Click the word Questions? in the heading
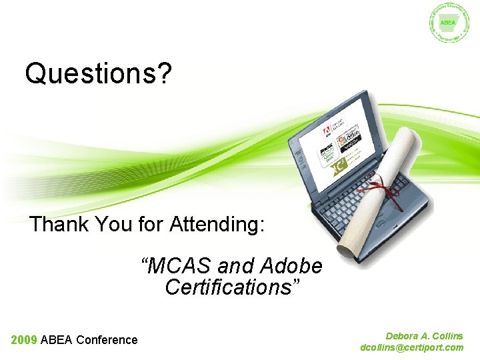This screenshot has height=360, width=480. pyautogui.click(x=98, y=74)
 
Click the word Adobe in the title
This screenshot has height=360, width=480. pyautogui.click(x=291, y=266)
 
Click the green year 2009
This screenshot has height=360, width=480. pyautogui.click(x=23, y=340)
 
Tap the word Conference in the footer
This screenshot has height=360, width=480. pyautogui.click(x=107, y=340)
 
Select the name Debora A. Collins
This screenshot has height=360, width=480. pyautogui.click(x=424, y=337)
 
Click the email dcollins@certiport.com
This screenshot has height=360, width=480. pyautogui.click(x=411, y=347)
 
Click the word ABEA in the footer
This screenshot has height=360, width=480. pyautogui.click(x=57, y=340)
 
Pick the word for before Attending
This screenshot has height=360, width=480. pyautogui.click(x=151, y=224)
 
